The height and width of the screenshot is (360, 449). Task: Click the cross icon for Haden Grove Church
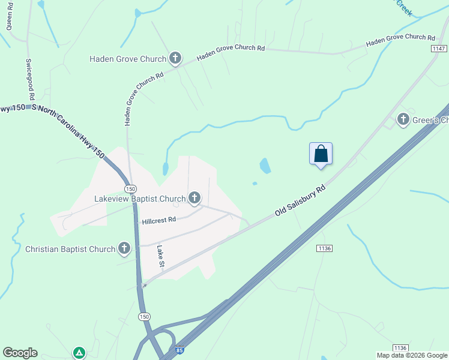[175, 58]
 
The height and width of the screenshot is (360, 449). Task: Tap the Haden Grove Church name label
[127, 59]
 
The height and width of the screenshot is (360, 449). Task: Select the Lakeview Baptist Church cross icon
[194, 197]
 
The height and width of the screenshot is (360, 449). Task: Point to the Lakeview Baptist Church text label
[140, 199]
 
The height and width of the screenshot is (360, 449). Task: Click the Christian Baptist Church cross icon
[124, 248]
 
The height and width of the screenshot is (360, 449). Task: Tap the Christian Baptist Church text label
[70, 249]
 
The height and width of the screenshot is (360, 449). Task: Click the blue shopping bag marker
[321, 154]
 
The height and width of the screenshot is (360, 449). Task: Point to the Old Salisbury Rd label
[300, 201]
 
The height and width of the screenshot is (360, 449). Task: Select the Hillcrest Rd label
[158, 220]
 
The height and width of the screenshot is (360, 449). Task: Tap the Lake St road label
[161, 256]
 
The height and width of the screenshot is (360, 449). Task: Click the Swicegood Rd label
[31, 79]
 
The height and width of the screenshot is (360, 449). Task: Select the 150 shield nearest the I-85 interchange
[143, 316]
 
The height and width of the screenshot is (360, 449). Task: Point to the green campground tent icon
[79, 353]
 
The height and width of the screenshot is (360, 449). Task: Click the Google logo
[20, 353]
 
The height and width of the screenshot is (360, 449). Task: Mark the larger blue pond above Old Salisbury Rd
[265, 166]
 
